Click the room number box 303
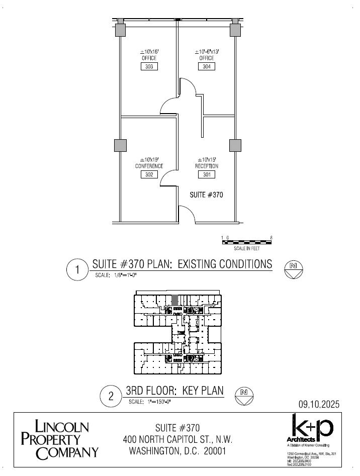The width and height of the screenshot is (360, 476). (149, 66)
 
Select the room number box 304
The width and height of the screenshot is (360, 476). (207, 66)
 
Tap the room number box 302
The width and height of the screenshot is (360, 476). (149, 174)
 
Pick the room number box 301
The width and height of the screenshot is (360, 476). (207, 174)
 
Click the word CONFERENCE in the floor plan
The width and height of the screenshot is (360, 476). (149, 166)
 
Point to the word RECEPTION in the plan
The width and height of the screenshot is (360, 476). (207, 166)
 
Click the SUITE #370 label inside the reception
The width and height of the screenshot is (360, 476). (206, 194)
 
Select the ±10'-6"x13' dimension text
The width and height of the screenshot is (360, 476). (207, 51)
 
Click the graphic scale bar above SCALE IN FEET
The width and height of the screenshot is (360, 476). (247, 242)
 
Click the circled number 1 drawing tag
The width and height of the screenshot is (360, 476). (77, 270)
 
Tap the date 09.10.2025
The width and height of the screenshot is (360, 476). (319, 404)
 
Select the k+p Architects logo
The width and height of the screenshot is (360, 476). (310, 431)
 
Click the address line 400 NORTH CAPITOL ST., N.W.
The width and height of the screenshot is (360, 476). (177, 439)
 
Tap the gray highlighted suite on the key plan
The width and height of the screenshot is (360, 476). (174, 300)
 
